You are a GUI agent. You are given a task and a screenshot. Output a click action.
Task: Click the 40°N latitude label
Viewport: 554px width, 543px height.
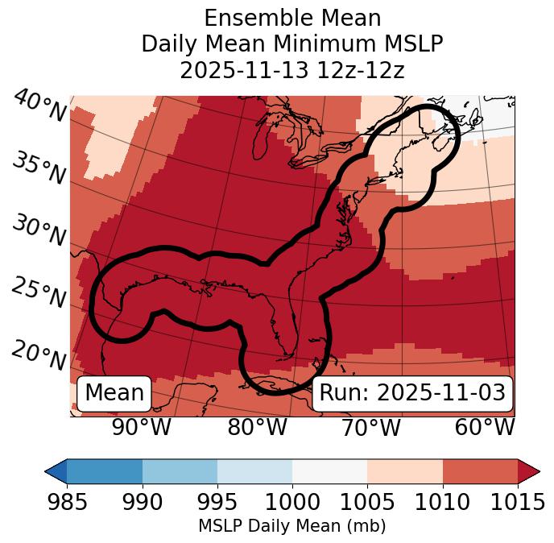tap(39, 106)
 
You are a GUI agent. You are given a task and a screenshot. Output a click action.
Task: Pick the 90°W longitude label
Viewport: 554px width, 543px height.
tap(142, 428)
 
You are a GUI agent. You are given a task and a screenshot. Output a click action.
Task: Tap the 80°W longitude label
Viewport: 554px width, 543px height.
tap(257, 428)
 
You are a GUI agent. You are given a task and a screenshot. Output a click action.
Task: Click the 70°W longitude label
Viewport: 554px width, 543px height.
tap(371, 428)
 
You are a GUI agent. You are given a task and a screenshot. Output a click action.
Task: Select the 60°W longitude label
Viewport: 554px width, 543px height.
tap(485, 428)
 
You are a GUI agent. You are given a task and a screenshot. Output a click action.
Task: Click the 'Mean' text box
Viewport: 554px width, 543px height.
tap(114, 393)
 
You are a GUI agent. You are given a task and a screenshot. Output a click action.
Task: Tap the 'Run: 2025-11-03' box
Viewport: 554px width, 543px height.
tap(412, 393)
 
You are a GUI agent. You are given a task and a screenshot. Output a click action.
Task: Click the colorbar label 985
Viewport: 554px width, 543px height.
tap(67, 503)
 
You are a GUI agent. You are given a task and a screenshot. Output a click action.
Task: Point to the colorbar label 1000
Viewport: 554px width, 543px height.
tap(292, 503)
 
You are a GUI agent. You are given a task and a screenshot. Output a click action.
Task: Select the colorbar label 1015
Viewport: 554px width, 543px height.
tap(518, 503)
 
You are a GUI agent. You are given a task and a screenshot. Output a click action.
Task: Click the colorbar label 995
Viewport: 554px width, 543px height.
tap(217, 503)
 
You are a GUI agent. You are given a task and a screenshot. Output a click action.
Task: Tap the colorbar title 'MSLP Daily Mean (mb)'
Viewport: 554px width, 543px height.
tap(292, 527)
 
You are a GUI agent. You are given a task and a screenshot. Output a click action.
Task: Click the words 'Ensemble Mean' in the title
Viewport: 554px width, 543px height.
tap(292, 18)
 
